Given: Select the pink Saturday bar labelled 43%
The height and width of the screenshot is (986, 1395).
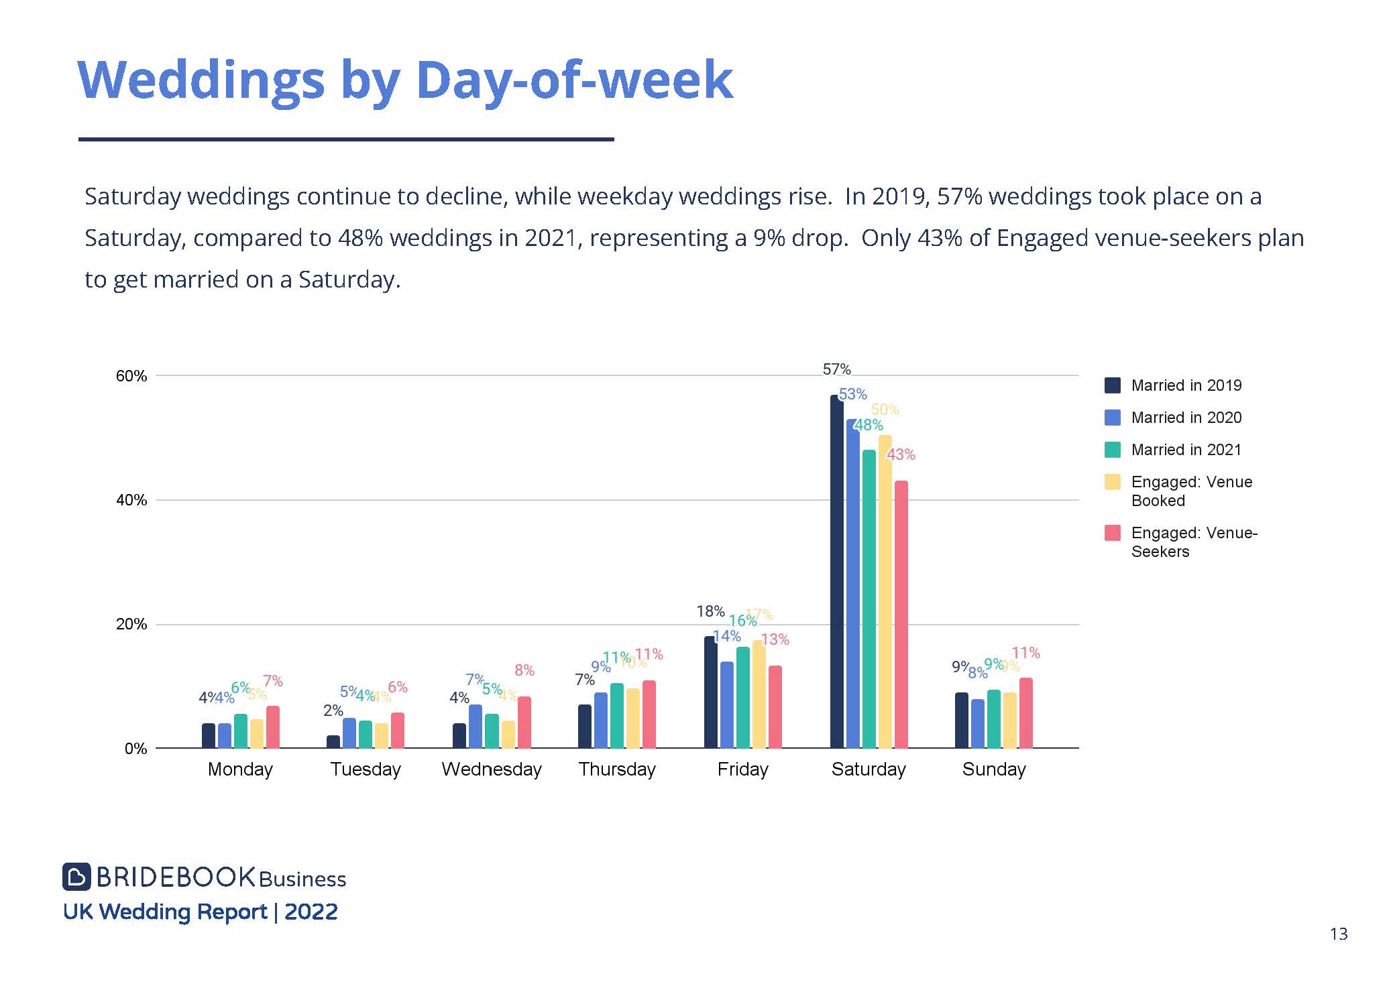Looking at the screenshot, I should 901,614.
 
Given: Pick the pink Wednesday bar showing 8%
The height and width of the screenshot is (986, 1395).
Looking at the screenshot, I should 524,722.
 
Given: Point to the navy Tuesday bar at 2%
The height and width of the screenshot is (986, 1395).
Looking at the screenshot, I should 333,741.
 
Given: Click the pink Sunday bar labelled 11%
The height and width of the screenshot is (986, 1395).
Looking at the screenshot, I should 1025,713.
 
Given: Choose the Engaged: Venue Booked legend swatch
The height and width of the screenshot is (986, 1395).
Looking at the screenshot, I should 1112,482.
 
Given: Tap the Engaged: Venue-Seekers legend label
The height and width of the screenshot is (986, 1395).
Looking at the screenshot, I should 1193,542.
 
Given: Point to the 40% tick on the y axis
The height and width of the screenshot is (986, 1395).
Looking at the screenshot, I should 131,500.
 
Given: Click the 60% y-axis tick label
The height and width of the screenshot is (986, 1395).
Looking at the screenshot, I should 131,376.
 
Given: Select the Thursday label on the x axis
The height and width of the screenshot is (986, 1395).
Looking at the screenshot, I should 617,769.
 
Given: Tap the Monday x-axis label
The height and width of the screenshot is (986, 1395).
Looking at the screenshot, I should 240,769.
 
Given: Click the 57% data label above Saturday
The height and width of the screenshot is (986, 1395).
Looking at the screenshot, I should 836,369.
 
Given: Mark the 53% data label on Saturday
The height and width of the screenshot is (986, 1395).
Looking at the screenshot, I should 852,394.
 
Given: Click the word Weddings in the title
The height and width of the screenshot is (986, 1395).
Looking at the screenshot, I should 201,80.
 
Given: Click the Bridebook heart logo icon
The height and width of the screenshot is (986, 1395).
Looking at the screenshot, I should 76,877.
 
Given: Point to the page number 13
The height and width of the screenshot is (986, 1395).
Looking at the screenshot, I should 1338,934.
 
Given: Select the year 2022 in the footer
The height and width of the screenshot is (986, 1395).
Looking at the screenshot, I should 311,912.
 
